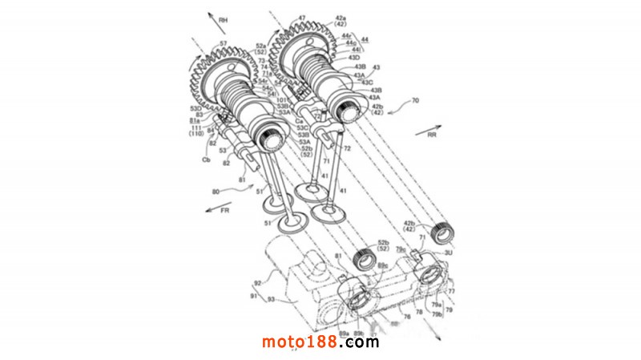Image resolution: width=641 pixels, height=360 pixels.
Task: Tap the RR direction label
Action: pyautogui.click(x=433, y=136)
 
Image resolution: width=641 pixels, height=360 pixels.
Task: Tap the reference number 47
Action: pyautogui.click(x=301, y=18)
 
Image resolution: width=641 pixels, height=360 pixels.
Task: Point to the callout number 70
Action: pyautogui.click(x=414, y=101)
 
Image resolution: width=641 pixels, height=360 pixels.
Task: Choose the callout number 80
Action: pyautogui.click(x=214, y=192)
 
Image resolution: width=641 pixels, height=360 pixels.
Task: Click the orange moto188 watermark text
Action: pyautogui.click(x=304, y=342)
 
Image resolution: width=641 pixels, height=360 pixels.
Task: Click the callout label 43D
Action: pyautogui.click(x=353, y=58)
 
